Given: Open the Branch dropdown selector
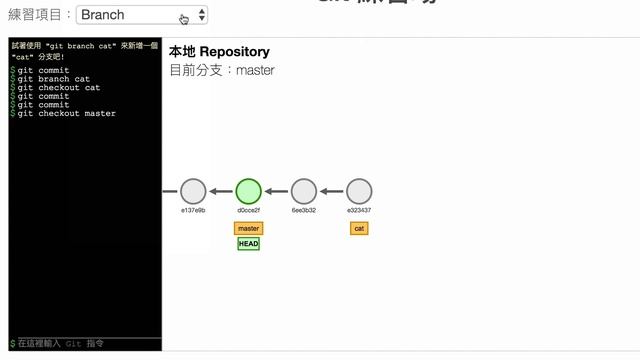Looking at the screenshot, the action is [x=141, y=15].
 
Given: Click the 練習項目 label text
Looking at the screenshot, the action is [x=40, y=15].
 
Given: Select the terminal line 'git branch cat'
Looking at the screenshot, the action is [x=54, y=79].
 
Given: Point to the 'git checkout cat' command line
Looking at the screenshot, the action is [x=59, y=88].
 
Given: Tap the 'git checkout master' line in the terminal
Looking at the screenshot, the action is [x=66, y=114].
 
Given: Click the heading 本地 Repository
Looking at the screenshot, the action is [x=219, y=52].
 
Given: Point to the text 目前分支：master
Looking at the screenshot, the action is [x=221, y=71].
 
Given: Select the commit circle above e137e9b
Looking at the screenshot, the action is [x=193, y=191].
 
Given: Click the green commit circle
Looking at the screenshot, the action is [x=248, y=191].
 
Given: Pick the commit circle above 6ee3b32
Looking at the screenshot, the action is [x=304, y=191].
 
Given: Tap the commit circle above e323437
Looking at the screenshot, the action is [x=359, y=191].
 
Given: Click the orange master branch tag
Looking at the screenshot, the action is [x=248, y=229].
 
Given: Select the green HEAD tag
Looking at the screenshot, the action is [x=248, y=244].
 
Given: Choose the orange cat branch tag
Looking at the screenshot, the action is [x=359, y=229].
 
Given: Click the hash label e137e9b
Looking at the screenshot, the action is [x=193, y=211].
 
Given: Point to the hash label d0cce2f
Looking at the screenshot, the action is [x=248, y=211].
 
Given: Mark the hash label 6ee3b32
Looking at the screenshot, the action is [x=304, y=211].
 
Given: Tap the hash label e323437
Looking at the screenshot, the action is [x=359, y=211].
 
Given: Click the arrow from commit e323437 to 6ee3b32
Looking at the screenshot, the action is [x=331, y=191].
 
